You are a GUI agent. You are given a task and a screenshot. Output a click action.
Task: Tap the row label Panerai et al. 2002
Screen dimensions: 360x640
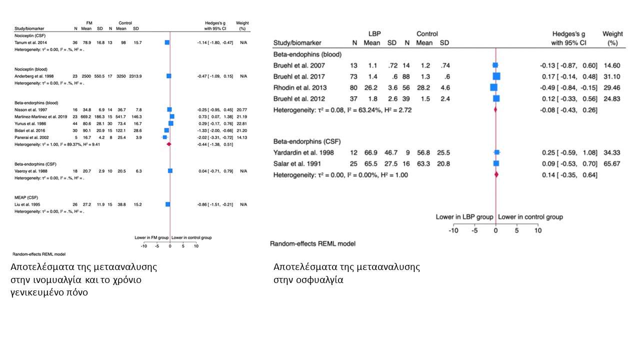pos(26,137)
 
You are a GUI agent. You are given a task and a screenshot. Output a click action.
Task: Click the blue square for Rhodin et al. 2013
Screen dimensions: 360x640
pos(493,87)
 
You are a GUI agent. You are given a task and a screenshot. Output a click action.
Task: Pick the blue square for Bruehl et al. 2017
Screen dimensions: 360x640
pos(496,76)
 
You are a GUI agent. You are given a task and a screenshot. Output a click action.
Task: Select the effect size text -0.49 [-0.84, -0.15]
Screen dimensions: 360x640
pos(569,87)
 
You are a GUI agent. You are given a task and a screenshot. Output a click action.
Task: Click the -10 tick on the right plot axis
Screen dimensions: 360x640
pos(453,230)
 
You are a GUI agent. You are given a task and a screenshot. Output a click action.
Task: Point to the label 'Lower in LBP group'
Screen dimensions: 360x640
pos(464,217)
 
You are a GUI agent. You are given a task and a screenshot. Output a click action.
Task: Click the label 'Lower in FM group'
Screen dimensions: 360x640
pos(152,237)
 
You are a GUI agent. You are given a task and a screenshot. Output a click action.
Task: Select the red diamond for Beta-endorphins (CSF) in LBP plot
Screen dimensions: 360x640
pos(495,174)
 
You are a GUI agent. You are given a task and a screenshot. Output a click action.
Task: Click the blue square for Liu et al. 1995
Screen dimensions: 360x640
pos(167,204)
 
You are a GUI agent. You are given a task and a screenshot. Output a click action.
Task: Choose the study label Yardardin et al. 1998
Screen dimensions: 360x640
pos(303,152)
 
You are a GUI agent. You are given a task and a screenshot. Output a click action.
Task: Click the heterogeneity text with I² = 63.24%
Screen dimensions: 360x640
pos(342,109)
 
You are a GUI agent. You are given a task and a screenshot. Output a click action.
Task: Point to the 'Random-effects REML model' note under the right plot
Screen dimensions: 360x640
pos(312,244)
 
